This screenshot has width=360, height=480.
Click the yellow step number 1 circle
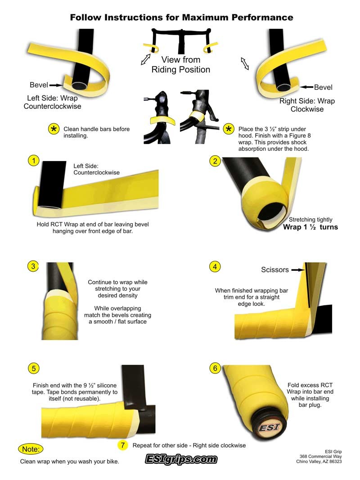pos(34,161)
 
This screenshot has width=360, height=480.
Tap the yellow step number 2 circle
pos(215,161)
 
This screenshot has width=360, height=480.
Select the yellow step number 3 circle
pos(33,266)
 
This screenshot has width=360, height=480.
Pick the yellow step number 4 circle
pos(215,267)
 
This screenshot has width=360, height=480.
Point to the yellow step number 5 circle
pos(34,368)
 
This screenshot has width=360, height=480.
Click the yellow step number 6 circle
pos(215,368)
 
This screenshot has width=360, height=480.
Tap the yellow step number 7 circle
pos(123,445)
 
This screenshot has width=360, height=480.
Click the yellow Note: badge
pos(31,449)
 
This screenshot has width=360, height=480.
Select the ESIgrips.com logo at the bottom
pos(181,459)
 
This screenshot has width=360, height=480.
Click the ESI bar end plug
pos(269,427)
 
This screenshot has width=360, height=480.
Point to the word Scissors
pos(275,270)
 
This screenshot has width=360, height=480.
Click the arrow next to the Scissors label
pos(297,270)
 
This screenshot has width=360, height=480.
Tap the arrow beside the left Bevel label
pos(56,85)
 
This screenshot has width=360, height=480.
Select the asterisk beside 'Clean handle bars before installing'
pos(54,130)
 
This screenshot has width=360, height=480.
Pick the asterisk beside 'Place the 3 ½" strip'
pos(228,129)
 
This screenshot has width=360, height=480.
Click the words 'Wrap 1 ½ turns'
pos(310,227)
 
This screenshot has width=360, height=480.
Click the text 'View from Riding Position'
pos(181,65)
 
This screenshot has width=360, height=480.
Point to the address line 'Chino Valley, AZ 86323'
pos(319,461)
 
